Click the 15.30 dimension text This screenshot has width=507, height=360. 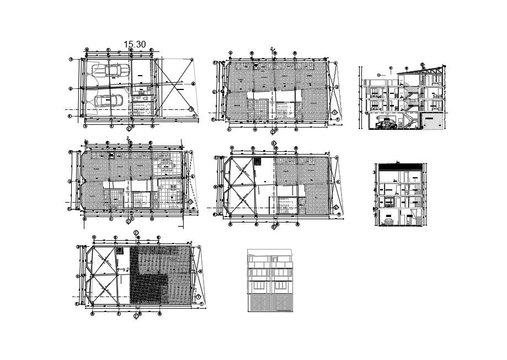tap(135, 44)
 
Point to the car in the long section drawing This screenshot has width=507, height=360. tap(386, 124)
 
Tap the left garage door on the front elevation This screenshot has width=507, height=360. tap(259, 303)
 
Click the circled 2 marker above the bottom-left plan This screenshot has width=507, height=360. tap(136, 232)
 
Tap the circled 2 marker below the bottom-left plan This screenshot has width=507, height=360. tap(136, 317)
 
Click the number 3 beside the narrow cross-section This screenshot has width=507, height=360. tap(375, 173)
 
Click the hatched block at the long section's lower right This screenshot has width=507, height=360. tap(433, 121)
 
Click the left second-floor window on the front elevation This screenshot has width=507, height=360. tap(259, 274)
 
